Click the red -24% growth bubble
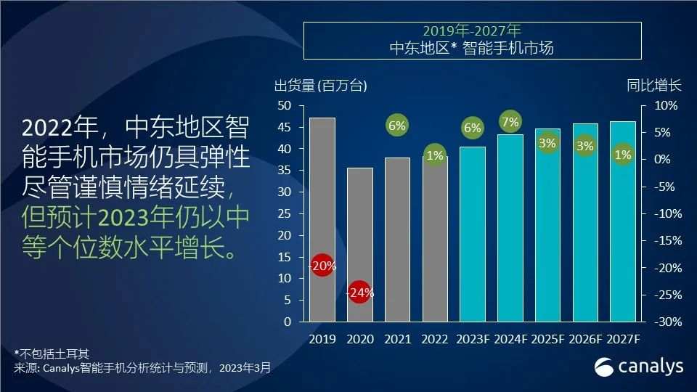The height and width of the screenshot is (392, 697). (360, 293)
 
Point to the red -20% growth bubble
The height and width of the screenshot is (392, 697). (322, 266)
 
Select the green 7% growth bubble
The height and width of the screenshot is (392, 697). (510, 121)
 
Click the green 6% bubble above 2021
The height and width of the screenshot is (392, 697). (397, 125)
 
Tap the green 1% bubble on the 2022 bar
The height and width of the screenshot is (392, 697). (435, 155)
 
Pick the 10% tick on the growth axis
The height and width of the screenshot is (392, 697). (666, 106)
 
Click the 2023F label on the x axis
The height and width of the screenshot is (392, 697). (473, 340)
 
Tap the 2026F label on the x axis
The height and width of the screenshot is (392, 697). (585, 340)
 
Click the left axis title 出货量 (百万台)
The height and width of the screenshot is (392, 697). (320, 86)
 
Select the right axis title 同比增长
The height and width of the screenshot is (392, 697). (654, 86)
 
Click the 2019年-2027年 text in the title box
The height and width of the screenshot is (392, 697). (472, 32)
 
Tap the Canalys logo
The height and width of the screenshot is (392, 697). (639, 367)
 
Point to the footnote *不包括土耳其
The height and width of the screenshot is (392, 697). (52, 354)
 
